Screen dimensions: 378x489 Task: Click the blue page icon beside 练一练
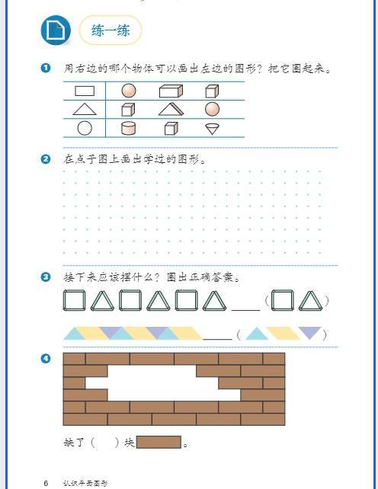click(x=56, y=30)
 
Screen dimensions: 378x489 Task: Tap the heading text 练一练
click(x=111, y=30)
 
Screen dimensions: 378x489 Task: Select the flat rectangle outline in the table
click(x=85, y=91)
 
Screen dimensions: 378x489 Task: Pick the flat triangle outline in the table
click(x=85, y=109)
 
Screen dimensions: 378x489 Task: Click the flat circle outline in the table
click(x=85, y=128)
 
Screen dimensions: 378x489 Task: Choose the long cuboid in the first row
click(x=171, y=91)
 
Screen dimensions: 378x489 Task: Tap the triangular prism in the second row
click(x=171, y=109)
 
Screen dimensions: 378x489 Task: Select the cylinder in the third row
click(x=128, y=128)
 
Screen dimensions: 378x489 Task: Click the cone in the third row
click(x=213, y=129)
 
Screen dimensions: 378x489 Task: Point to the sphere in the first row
click(x=129, y=91)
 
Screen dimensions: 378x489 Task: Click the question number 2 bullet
click(x=46, y=159)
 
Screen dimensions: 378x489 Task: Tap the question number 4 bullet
click(x=46, y=358)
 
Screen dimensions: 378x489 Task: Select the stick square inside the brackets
click(x=282, y=300)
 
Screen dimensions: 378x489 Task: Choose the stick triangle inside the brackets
click(x=311, y=301)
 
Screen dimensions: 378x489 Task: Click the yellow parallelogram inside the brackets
click(x=283, y=333)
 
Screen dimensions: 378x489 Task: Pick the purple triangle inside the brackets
click(x=310, y=332)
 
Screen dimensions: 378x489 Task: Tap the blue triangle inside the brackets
click(x=257, y=334)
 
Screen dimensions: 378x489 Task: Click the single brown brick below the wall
click(x=159, y=443)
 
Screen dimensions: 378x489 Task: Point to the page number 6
click(x=46, y=483)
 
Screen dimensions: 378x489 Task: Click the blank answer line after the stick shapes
click(x=246, y=310)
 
